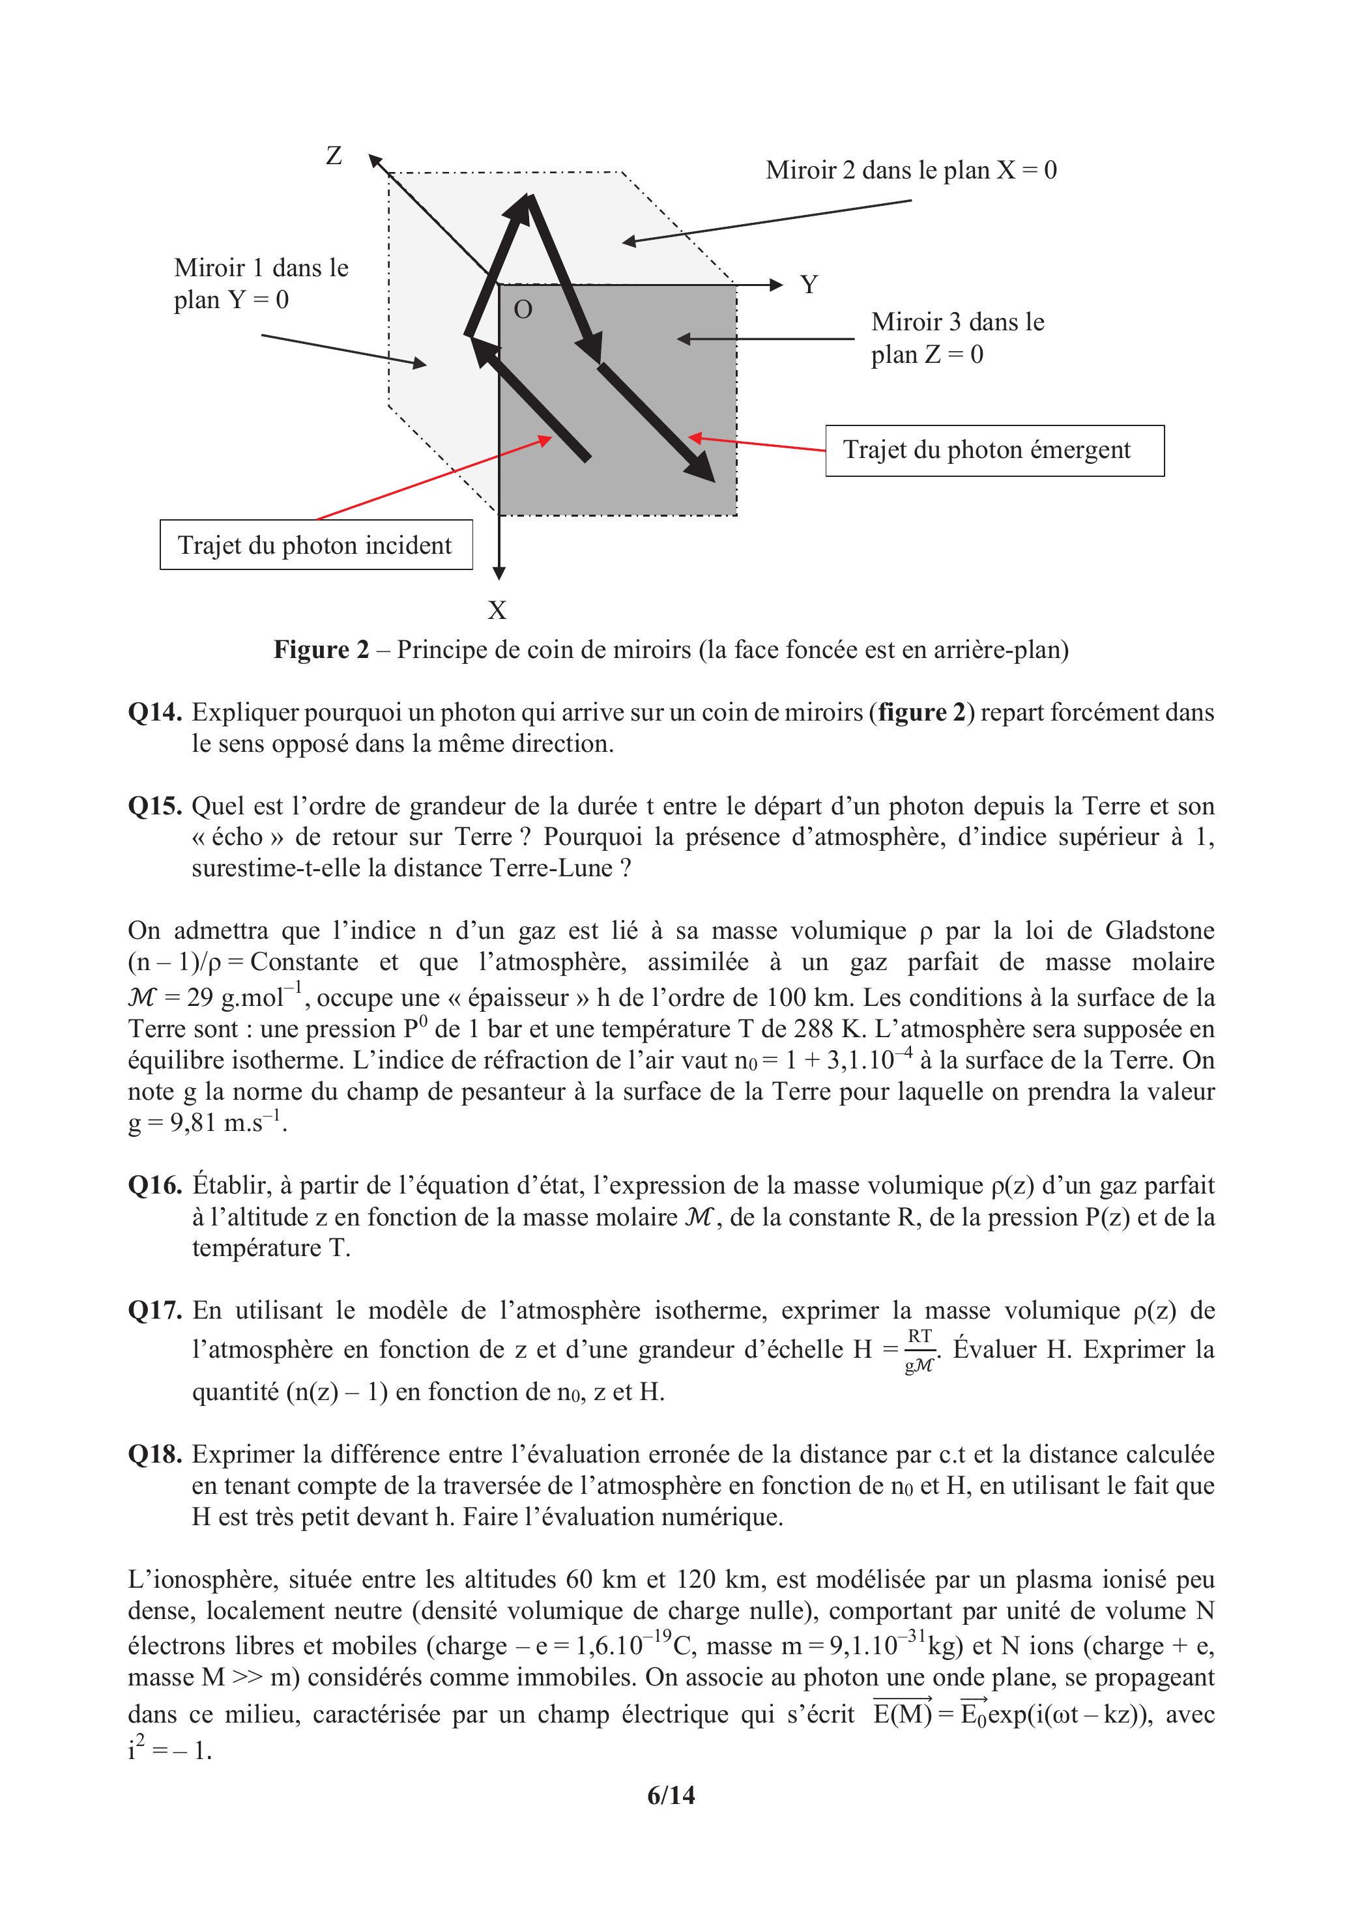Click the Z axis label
pyautogui.click(x=334, y=155)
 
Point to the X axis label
pyautogui.click(x=497, y=610)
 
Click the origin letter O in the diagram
pyautogui.click(x=523, y=309)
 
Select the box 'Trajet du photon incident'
pyautogui.click(x=315, y=545)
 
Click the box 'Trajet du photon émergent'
pyautogui.click(x=994, y=451)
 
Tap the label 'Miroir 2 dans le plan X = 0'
pyautogui.click(x=910, y=170)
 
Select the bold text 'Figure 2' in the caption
pyautogui.click(x=321, y=649)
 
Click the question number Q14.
pyautogui.click(x=154, y=712)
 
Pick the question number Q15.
pyautogui.click(x=154, y=806)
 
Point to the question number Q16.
pyautogui.click(x=154, y=1185)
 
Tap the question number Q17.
pyautogui.click(x=154, y=1310)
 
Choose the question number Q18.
pyautogui.click(x=154, y=1454)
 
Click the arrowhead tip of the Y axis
pyautogui.click(x=780, y=285)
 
